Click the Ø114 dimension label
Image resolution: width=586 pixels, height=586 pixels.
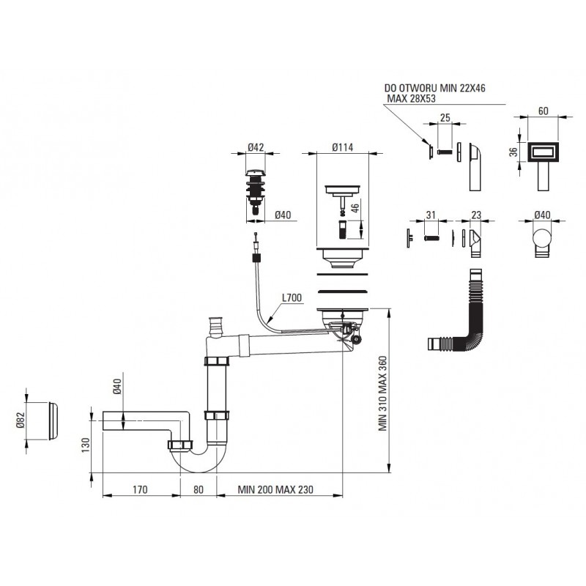tap(343, 146)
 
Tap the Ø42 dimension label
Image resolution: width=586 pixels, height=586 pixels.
tap(256, 146)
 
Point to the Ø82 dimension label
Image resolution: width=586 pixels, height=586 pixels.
tap(19, 420)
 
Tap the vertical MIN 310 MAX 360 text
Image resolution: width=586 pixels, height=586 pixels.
tap(382, 396)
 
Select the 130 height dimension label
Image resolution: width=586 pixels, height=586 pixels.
tap(85, 445)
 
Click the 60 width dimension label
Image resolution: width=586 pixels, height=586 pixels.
tap(544, 111)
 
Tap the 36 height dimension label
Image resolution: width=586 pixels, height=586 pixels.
tap(513, 151)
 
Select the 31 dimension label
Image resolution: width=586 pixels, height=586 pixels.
tap(431, 215)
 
